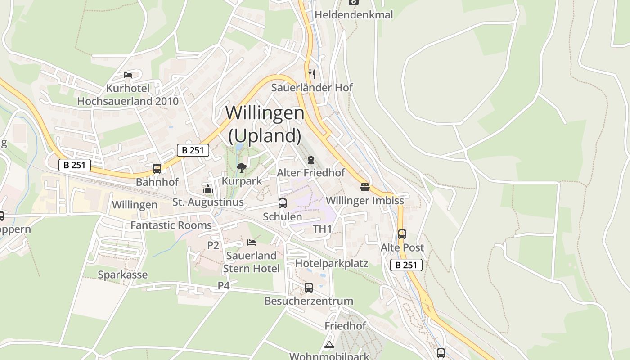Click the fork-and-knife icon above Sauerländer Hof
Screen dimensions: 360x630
point(311,74)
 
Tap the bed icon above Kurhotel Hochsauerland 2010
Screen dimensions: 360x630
point(128,75)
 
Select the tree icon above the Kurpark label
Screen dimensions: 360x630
point(242,168)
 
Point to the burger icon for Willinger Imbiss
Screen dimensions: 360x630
point(364,187)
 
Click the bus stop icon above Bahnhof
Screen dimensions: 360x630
point(157,169)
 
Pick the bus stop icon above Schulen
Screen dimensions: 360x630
point(282,203)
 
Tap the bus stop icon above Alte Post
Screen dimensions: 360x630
point(402,234)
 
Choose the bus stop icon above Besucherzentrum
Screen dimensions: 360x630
point(308,287)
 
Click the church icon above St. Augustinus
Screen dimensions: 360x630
point(207,189)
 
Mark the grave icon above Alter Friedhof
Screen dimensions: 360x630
point(310,159)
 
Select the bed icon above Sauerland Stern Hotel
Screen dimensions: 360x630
point(252,242)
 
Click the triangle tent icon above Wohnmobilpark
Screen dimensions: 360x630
point(329,345)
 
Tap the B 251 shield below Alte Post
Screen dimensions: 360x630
point(406,265)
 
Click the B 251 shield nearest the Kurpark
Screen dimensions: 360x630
point(193,150)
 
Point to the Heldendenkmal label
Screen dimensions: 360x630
point(354,15)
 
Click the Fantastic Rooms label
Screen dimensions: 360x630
point(171,225)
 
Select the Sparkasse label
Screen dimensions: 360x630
point(123,274)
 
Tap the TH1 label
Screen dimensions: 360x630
point(322,229)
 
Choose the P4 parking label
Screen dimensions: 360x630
point(224,285)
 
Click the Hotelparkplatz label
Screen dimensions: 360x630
point(332,263)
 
